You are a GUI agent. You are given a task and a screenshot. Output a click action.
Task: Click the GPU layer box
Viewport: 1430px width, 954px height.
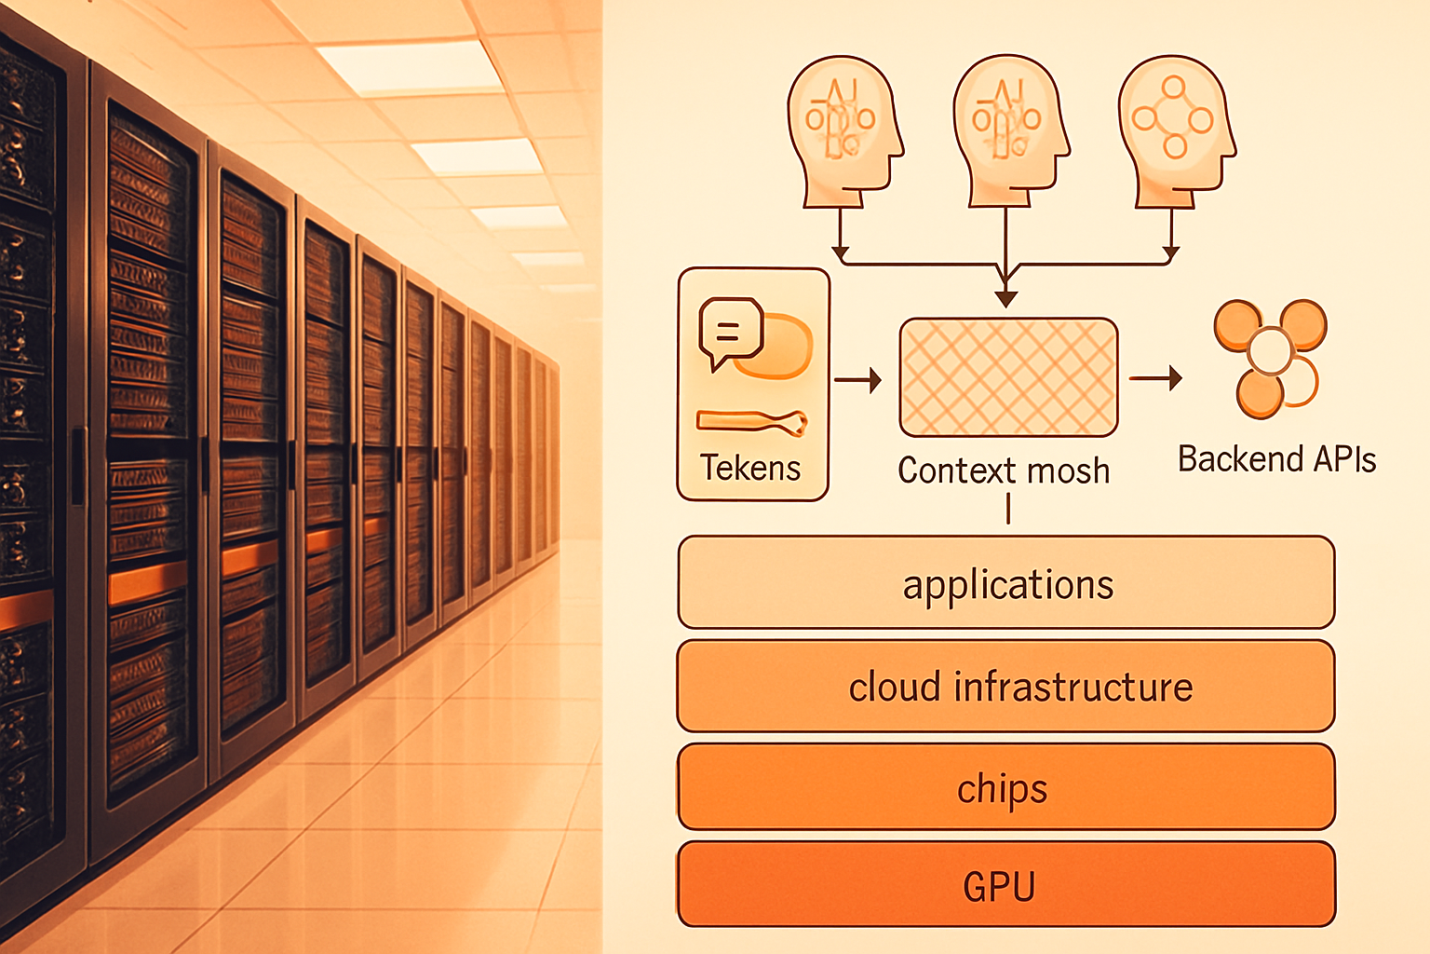(1006, 884)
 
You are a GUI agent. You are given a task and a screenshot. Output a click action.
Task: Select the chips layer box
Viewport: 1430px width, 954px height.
(1006, 786)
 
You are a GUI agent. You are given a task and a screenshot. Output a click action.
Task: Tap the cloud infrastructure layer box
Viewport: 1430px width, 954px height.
(1006, 686)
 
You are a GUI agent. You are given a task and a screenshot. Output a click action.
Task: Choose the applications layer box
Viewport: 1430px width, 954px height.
(1006, 583)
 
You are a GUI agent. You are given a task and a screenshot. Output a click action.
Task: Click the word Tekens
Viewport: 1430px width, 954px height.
(750, 468)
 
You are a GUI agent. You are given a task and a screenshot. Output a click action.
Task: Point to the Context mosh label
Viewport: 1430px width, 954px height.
(1004, 470)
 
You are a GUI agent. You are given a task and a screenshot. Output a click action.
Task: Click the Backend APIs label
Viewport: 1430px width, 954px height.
(1276, 458)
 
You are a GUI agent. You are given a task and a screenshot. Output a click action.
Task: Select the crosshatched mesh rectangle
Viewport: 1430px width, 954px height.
(1008, 377)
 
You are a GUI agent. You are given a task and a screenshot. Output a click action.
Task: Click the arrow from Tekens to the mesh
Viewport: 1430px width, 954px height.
(858, 380)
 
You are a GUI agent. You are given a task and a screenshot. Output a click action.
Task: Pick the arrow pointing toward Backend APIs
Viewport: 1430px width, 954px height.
(1155, 378)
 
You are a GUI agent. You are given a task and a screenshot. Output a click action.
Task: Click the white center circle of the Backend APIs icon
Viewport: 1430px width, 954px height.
(1271, 350)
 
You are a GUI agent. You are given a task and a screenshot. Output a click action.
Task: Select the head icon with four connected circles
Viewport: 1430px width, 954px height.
(1176, 131)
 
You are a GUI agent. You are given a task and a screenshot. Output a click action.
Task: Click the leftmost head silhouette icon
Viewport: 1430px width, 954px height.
(844, 131)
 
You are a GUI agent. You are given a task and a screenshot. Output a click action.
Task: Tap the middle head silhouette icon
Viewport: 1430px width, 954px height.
(1010, 131)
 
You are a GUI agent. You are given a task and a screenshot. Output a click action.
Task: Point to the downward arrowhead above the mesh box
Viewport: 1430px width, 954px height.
(1006, 298)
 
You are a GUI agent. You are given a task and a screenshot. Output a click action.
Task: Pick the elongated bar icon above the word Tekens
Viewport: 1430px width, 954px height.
(752, 422)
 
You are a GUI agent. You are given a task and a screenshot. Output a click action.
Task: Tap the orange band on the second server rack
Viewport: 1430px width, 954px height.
(148, 583)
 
